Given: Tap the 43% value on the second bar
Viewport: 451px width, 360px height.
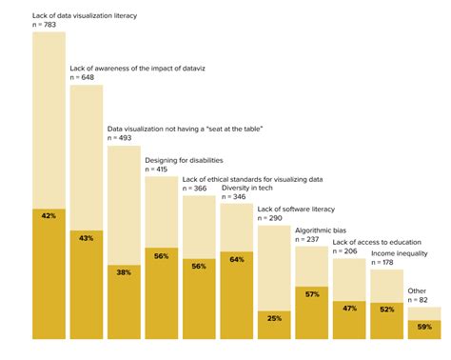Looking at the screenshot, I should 86,237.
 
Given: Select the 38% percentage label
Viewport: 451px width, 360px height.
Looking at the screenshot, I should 124,271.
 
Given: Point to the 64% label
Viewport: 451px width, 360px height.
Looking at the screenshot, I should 236,259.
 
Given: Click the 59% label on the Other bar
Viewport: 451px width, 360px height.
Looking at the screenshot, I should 423,327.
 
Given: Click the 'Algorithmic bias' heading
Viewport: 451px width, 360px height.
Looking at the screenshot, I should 322,230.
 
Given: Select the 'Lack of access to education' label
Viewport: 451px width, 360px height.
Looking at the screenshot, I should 381,243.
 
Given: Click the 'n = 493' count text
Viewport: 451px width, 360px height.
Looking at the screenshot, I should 122,138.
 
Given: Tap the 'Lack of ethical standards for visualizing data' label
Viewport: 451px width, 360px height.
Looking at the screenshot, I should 252,178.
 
